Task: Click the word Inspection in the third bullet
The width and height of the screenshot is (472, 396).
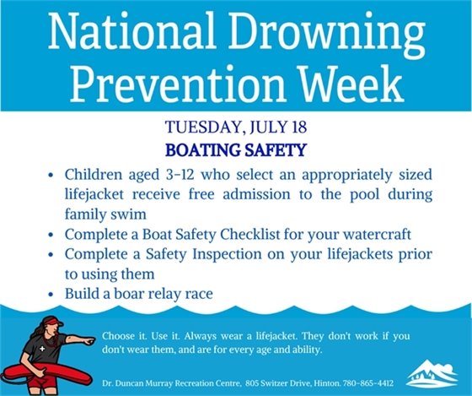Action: point(224,254)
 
